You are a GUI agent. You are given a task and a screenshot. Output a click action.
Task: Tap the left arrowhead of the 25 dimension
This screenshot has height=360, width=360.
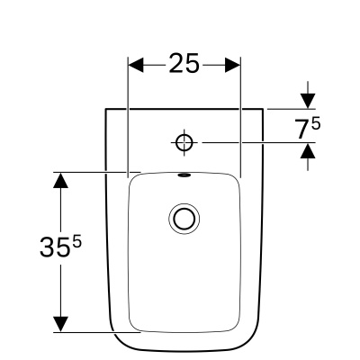coord(137,65)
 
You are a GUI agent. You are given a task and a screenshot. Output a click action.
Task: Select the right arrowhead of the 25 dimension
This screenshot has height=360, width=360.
coord(234,65)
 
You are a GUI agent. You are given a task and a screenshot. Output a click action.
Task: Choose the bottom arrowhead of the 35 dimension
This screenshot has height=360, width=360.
coord(60,322)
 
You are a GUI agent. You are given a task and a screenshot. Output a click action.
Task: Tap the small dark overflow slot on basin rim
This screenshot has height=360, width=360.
coord(185,175)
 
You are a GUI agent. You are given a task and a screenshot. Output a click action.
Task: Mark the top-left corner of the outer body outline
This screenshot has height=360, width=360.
coord(105,109)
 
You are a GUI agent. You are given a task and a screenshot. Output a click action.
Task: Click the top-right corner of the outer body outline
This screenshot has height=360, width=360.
coord(265,109)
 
